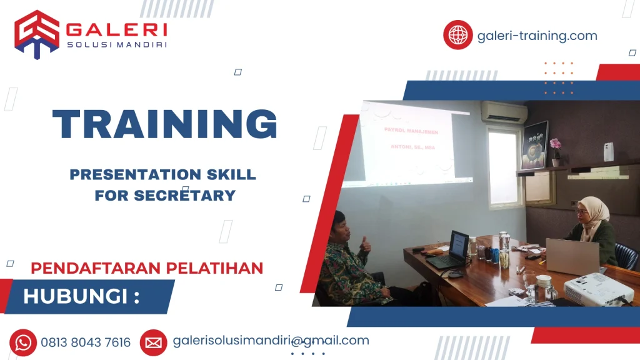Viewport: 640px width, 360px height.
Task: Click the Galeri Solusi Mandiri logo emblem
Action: [37, 34]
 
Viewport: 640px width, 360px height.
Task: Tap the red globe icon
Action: [457, 35]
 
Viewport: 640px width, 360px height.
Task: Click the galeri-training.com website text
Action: [537, 36]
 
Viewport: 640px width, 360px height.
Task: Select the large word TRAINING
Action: [165, 124]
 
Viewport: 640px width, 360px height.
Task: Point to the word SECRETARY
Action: [184, 195]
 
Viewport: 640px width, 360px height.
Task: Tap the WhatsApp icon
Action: [23, 342]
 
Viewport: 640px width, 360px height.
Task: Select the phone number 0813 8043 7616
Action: [86, 342]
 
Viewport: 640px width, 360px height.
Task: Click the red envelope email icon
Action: [153, 342]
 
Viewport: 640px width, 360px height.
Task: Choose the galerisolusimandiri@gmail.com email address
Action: [271, 341]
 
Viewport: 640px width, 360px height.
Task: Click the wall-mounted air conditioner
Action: [504, 112]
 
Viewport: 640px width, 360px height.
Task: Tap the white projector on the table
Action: [597, 289]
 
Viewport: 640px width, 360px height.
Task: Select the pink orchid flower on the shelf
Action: [555, 145]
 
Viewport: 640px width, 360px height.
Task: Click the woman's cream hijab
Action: [592, 216]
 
